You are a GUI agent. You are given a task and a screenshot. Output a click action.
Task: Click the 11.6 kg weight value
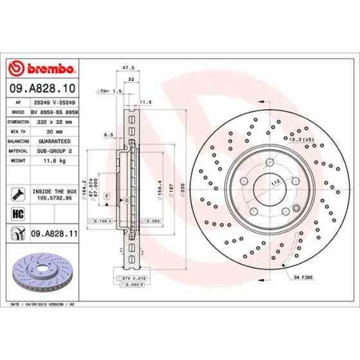(54, 160)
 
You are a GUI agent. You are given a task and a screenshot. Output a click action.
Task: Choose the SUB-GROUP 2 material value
(54, 150)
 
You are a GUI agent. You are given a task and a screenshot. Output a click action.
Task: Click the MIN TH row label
(18, 131)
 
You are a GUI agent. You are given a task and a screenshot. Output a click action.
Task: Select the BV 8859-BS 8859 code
(54, 112)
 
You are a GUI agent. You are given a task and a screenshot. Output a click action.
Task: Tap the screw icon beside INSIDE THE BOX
(18, 193)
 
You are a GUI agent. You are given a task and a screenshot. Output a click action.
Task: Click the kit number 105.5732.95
(54, 197)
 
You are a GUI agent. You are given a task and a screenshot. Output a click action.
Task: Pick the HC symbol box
(18, 213)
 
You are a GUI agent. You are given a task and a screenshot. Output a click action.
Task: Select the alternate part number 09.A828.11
(54, 234)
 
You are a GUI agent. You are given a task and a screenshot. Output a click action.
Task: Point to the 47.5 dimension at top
(128, 68)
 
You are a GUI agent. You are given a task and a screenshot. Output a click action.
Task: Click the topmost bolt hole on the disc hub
(270, 162)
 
